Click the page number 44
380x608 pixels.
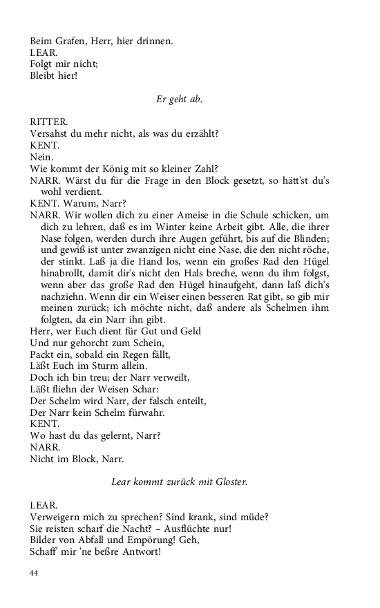(35, 573)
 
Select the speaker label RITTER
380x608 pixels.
(47, 121)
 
